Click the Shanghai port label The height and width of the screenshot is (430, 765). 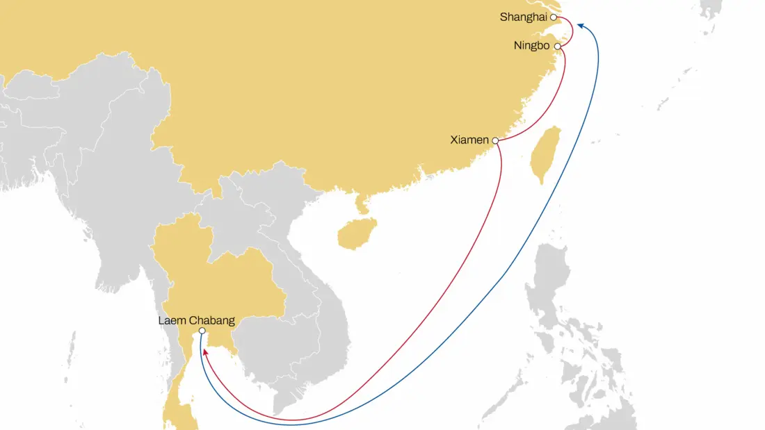click(x=523, y=17)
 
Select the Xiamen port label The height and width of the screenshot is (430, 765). click(x=469, y=140)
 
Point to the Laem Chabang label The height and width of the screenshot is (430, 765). click(x=195, y=320)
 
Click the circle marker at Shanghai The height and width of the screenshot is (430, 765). click(x=554, y=17)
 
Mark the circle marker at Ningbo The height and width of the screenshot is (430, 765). click(x=557, y=47)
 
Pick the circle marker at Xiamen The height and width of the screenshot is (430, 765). click(x=495, y=141)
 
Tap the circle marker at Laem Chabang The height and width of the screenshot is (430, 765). click(x=202, y=331)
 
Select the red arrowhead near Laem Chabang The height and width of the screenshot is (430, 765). click(x=205, y=353)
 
